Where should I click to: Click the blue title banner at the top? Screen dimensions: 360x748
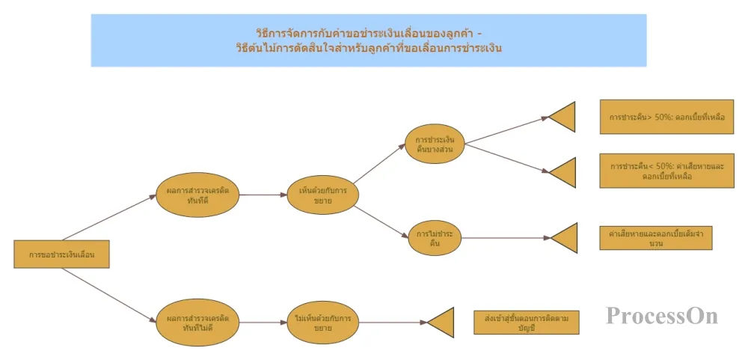(x=368, y=40)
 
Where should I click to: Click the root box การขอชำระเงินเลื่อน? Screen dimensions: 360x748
(x=62, y=254)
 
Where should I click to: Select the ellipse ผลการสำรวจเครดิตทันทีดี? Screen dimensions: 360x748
(x=198, y=194)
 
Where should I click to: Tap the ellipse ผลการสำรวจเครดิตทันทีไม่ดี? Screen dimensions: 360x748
(x=198, y=323)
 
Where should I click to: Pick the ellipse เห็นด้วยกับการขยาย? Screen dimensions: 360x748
(x=323, y=195)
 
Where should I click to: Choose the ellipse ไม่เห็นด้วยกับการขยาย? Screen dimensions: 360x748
(x=323, y=323)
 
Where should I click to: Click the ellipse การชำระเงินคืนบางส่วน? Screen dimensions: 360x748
(x=435, y=144)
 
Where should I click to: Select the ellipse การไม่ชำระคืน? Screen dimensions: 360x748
(x=435, y=238)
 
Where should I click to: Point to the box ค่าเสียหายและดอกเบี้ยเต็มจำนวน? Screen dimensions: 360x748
(x=655, y=238)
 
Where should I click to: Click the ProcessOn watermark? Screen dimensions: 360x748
(x=662, y=316)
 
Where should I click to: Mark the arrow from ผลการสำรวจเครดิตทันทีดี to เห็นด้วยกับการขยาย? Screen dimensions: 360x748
(x=263, y=195)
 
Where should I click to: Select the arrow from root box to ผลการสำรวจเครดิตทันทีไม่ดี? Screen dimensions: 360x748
(x=108, y=294)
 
